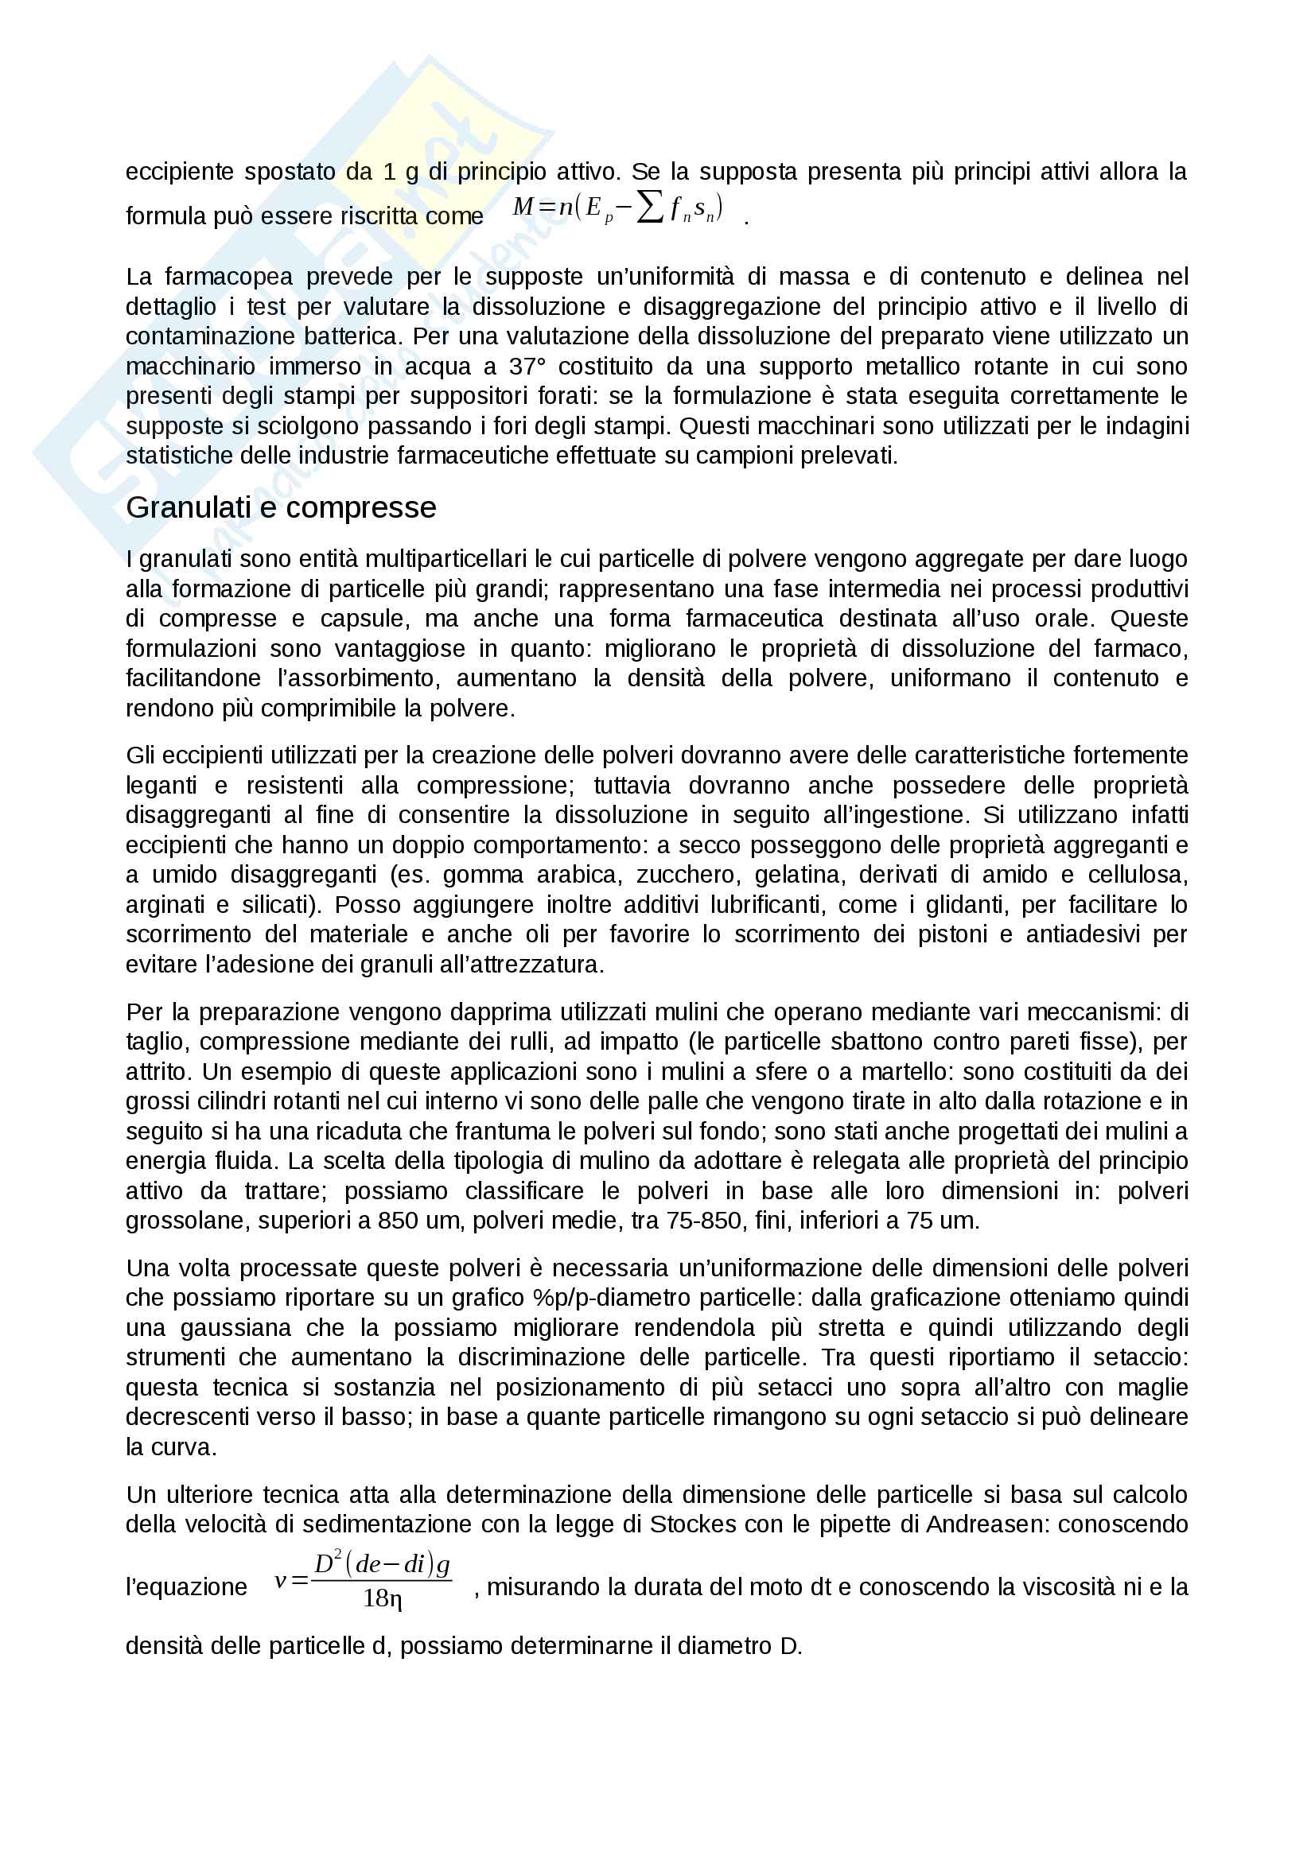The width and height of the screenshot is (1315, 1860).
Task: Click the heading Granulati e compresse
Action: [x=280, y=508]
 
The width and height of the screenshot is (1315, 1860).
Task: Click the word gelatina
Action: [x=799, y=875]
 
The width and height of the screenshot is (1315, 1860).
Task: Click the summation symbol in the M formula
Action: [x=649, y=208]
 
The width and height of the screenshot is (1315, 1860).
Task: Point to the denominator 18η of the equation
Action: [x=383, y=1598]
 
